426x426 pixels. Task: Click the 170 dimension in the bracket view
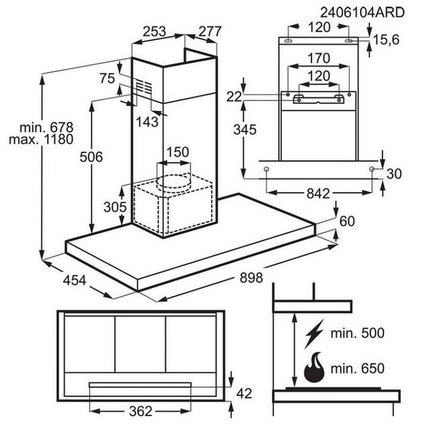[x=318, y=58]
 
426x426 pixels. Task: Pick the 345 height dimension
[x=244, y=129]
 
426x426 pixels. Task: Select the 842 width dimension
[x=318, y=194]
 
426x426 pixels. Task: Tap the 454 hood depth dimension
[x=75, y=281]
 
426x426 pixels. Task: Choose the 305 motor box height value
[x=114, y=206]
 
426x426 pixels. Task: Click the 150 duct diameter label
[x=177, y=152]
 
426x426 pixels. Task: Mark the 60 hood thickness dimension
[x=346, y=221]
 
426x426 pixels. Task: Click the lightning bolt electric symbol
[x=315, y=334]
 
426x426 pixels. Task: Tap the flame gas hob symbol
[x=315, y=367]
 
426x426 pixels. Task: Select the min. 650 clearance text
[x=358, y=368]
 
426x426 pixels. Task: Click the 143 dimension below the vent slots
[x=147, y=121]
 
